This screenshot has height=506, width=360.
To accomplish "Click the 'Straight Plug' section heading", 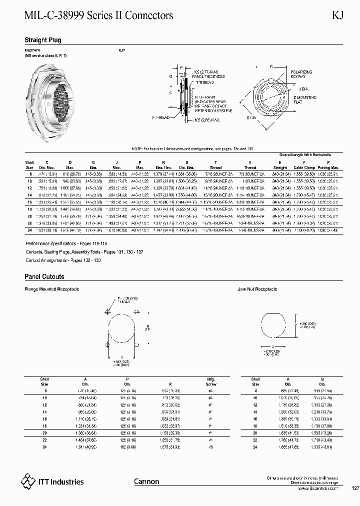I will pyautogui.click(x=43, y=40).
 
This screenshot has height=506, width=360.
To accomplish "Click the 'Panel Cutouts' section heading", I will pyautogui.click(x=44, y=276).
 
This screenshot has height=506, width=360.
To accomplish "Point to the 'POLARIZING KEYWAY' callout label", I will pyautogui.click(x=301, y=74).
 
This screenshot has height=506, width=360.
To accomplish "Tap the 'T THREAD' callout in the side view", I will pyautogui.click(x=205, y=82).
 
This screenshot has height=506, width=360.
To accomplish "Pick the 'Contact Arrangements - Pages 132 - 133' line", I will pyautogui.click(x=56, y=261).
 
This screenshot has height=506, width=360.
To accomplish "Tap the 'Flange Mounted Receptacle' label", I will pyautogui.click(x=52, y=289).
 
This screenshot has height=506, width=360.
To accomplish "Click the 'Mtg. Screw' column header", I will pyautogui.click(x=210, y=381).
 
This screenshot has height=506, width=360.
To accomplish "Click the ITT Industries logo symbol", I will pyautogui.click(x=27, y=481).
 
